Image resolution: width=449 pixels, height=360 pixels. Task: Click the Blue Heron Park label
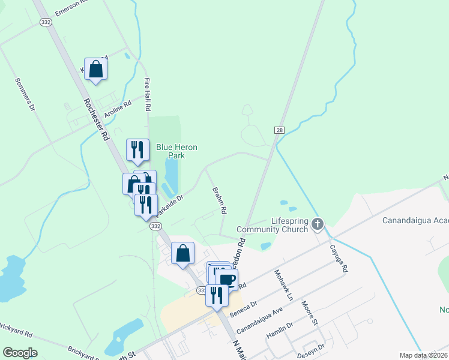tap(176, 151)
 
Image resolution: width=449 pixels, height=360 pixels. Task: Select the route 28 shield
tap(279, 130)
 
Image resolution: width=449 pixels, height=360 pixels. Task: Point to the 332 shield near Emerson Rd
tap(46, 22)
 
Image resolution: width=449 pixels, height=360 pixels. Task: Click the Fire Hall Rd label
tap(147, 95)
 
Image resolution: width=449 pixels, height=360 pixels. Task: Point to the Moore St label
tap(310, 313)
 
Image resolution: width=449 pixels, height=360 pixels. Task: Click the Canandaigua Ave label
tap(259, 322)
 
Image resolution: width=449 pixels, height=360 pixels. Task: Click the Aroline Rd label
tap(118, 108)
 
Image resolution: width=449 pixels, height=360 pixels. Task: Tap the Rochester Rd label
tap(96, 119)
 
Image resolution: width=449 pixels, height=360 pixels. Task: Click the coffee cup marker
tap(227, 279)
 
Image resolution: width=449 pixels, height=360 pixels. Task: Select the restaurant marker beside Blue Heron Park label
tap(137, 149)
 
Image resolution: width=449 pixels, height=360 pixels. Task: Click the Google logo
tap(20, 353)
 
